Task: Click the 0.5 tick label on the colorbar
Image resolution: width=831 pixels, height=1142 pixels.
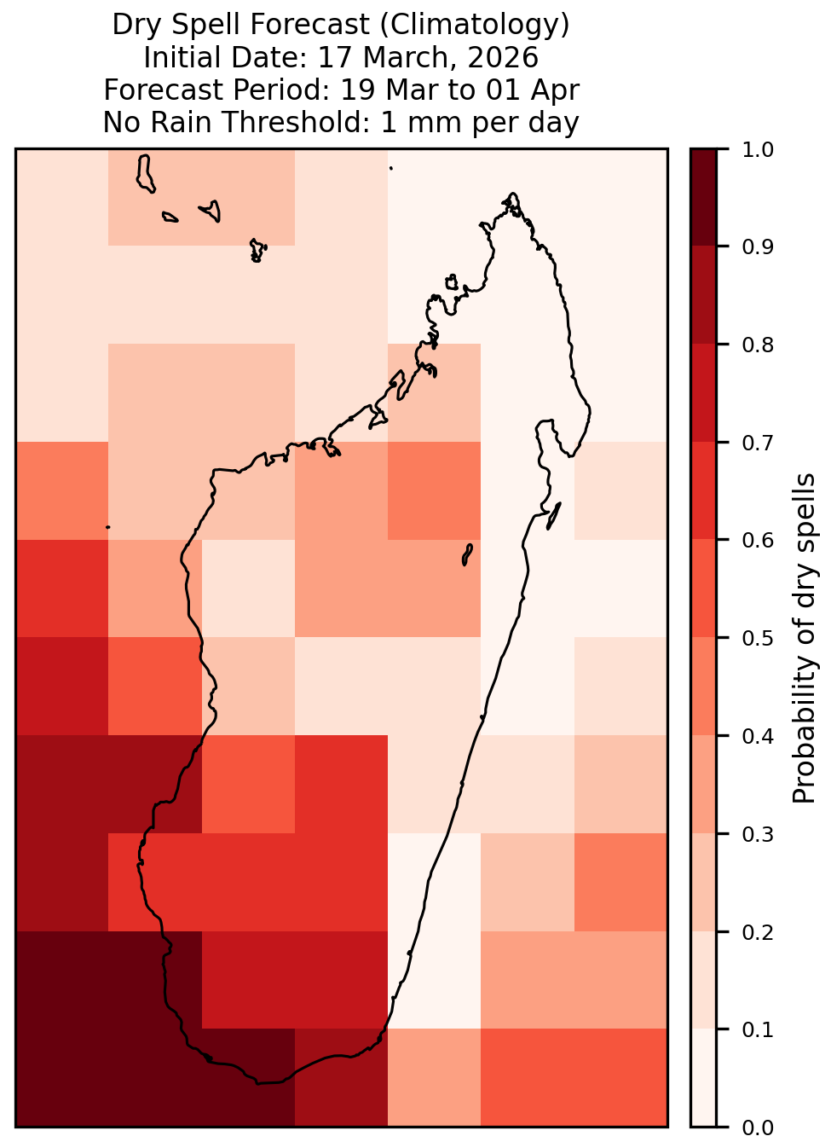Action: (x=757, y=638)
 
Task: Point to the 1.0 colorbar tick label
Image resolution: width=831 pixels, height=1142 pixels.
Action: (x=757, y=150)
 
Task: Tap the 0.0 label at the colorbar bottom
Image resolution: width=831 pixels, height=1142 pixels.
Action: (x=757, y=1128)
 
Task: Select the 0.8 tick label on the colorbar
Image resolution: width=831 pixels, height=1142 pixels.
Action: (x=757, y=345)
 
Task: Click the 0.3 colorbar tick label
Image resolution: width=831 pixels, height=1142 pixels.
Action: (x=757, y=835)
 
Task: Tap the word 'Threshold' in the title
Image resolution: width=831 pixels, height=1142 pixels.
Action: (x=292, y=122)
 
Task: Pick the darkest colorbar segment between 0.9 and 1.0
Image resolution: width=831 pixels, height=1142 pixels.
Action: (x=703, y=197)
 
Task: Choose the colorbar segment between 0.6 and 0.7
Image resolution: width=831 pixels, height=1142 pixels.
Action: (x=703, y=490)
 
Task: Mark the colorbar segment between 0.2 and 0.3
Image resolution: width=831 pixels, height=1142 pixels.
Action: (x=703, y=883)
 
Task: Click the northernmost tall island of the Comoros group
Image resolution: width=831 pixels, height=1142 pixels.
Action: (x=145, y=174)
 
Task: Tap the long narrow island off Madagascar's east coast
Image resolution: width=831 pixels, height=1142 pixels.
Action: (x=554, y=516)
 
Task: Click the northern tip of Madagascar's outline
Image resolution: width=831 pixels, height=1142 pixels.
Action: (x=512, y=194)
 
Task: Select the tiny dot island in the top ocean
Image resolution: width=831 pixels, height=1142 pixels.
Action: (x=391, y=168)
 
